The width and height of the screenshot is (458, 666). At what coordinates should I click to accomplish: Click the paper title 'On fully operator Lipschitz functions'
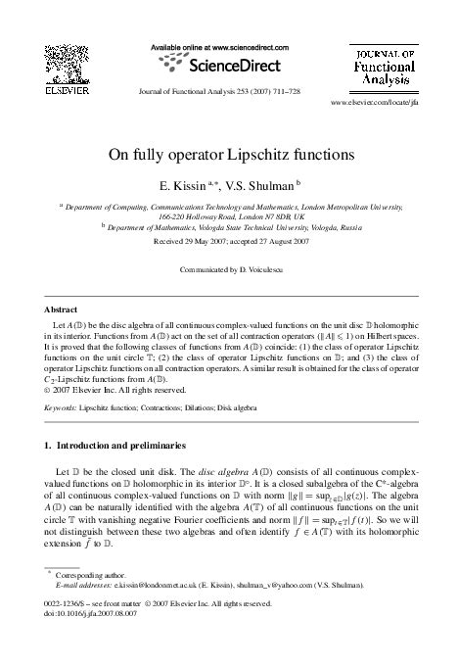point(229,154)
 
